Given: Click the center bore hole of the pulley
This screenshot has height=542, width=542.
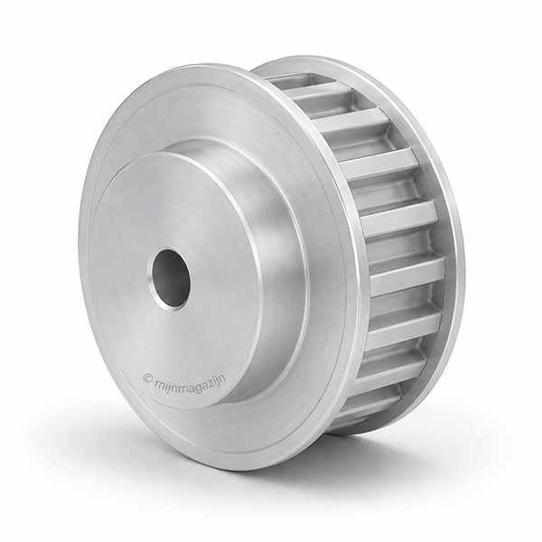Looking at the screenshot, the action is tap(171, 278).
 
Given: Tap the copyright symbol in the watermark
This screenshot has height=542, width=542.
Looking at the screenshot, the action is tap(147, 378).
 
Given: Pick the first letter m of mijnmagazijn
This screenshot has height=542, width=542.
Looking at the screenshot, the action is tap(159, 381).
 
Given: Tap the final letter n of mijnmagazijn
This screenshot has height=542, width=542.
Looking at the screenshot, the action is tap(223, 375).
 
